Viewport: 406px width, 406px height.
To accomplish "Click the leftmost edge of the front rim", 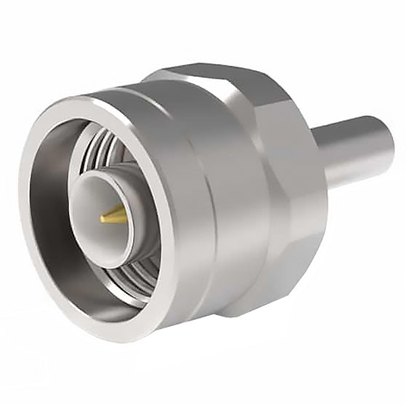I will [x=22, y=218].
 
